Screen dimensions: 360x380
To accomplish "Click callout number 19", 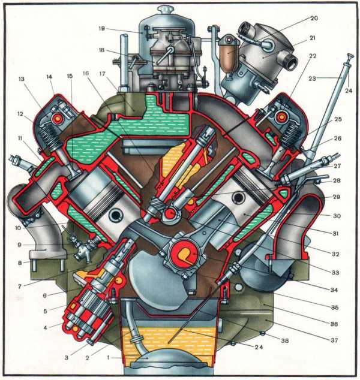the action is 101,29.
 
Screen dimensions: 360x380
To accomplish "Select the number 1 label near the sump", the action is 109,357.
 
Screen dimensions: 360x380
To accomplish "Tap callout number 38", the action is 284,340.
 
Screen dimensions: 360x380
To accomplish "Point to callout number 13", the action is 22,79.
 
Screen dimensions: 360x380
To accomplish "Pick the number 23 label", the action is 312,79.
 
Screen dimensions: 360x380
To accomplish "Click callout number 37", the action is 334,340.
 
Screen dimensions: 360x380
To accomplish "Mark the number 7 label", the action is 20,286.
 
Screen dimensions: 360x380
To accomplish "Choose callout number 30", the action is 337,216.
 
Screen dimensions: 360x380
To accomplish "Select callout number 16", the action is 86,73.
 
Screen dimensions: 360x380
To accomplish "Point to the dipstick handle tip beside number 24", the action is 350,56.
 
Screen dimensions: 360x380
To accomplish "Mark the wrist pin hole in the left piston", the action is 115,215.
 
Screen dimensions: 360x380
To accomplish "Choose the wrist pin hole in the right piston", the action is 238,198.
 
